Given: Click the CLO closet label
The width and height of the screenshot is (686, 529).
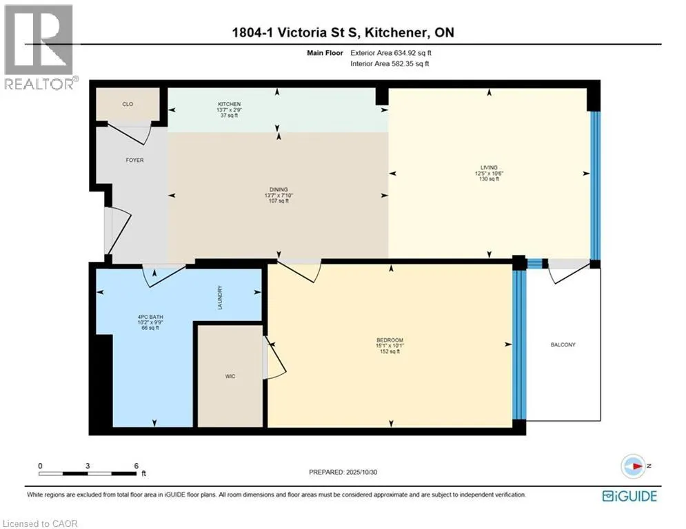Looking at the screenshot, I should (128, 105).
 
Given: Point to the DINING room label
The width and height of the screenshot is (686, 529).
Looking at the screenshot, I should (279, 190).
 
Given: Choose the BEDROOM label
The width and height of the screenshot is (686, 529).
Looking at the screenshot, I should (390, 340).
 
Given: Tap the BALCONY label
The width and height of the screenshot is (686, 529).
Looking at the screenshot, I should (563, 344).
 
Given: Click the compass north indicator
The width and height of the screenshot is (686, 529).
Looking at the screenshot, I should (632, 466).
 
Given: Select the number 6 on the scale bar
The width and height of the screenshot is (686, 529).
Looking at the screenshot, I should (136, 466).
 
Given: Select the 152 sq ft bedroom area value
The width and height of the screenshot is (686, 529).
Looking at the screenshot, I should (390, 352).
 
